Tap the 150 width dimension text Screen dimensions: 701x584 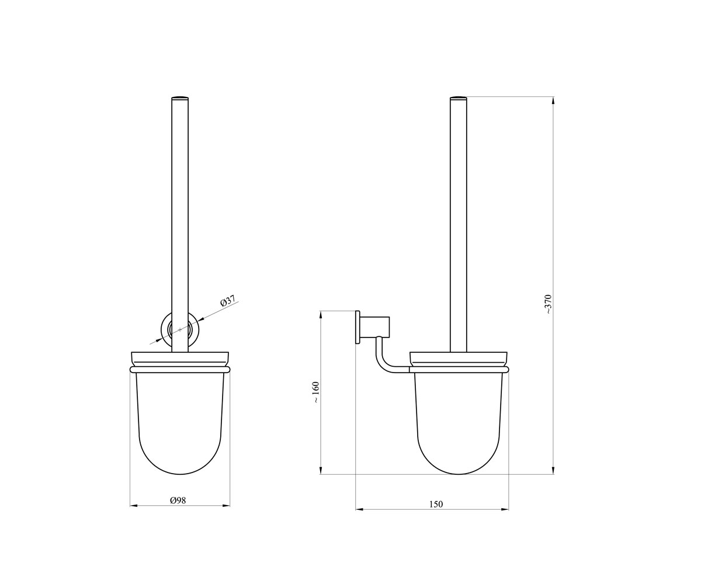pyautogui.click(x=436, y=513)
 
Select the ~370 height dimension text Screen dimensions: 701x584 pyautogui.click(x=548, y=304)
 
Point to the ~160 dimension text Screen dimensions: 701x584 pyautogui.click(x=316, y=392)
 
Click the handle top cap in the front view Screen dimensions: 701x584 pyautogui.click(x=180, y=98)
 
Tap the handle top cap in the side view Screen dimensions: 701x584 pyautogui.click(x=458, y=98)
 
